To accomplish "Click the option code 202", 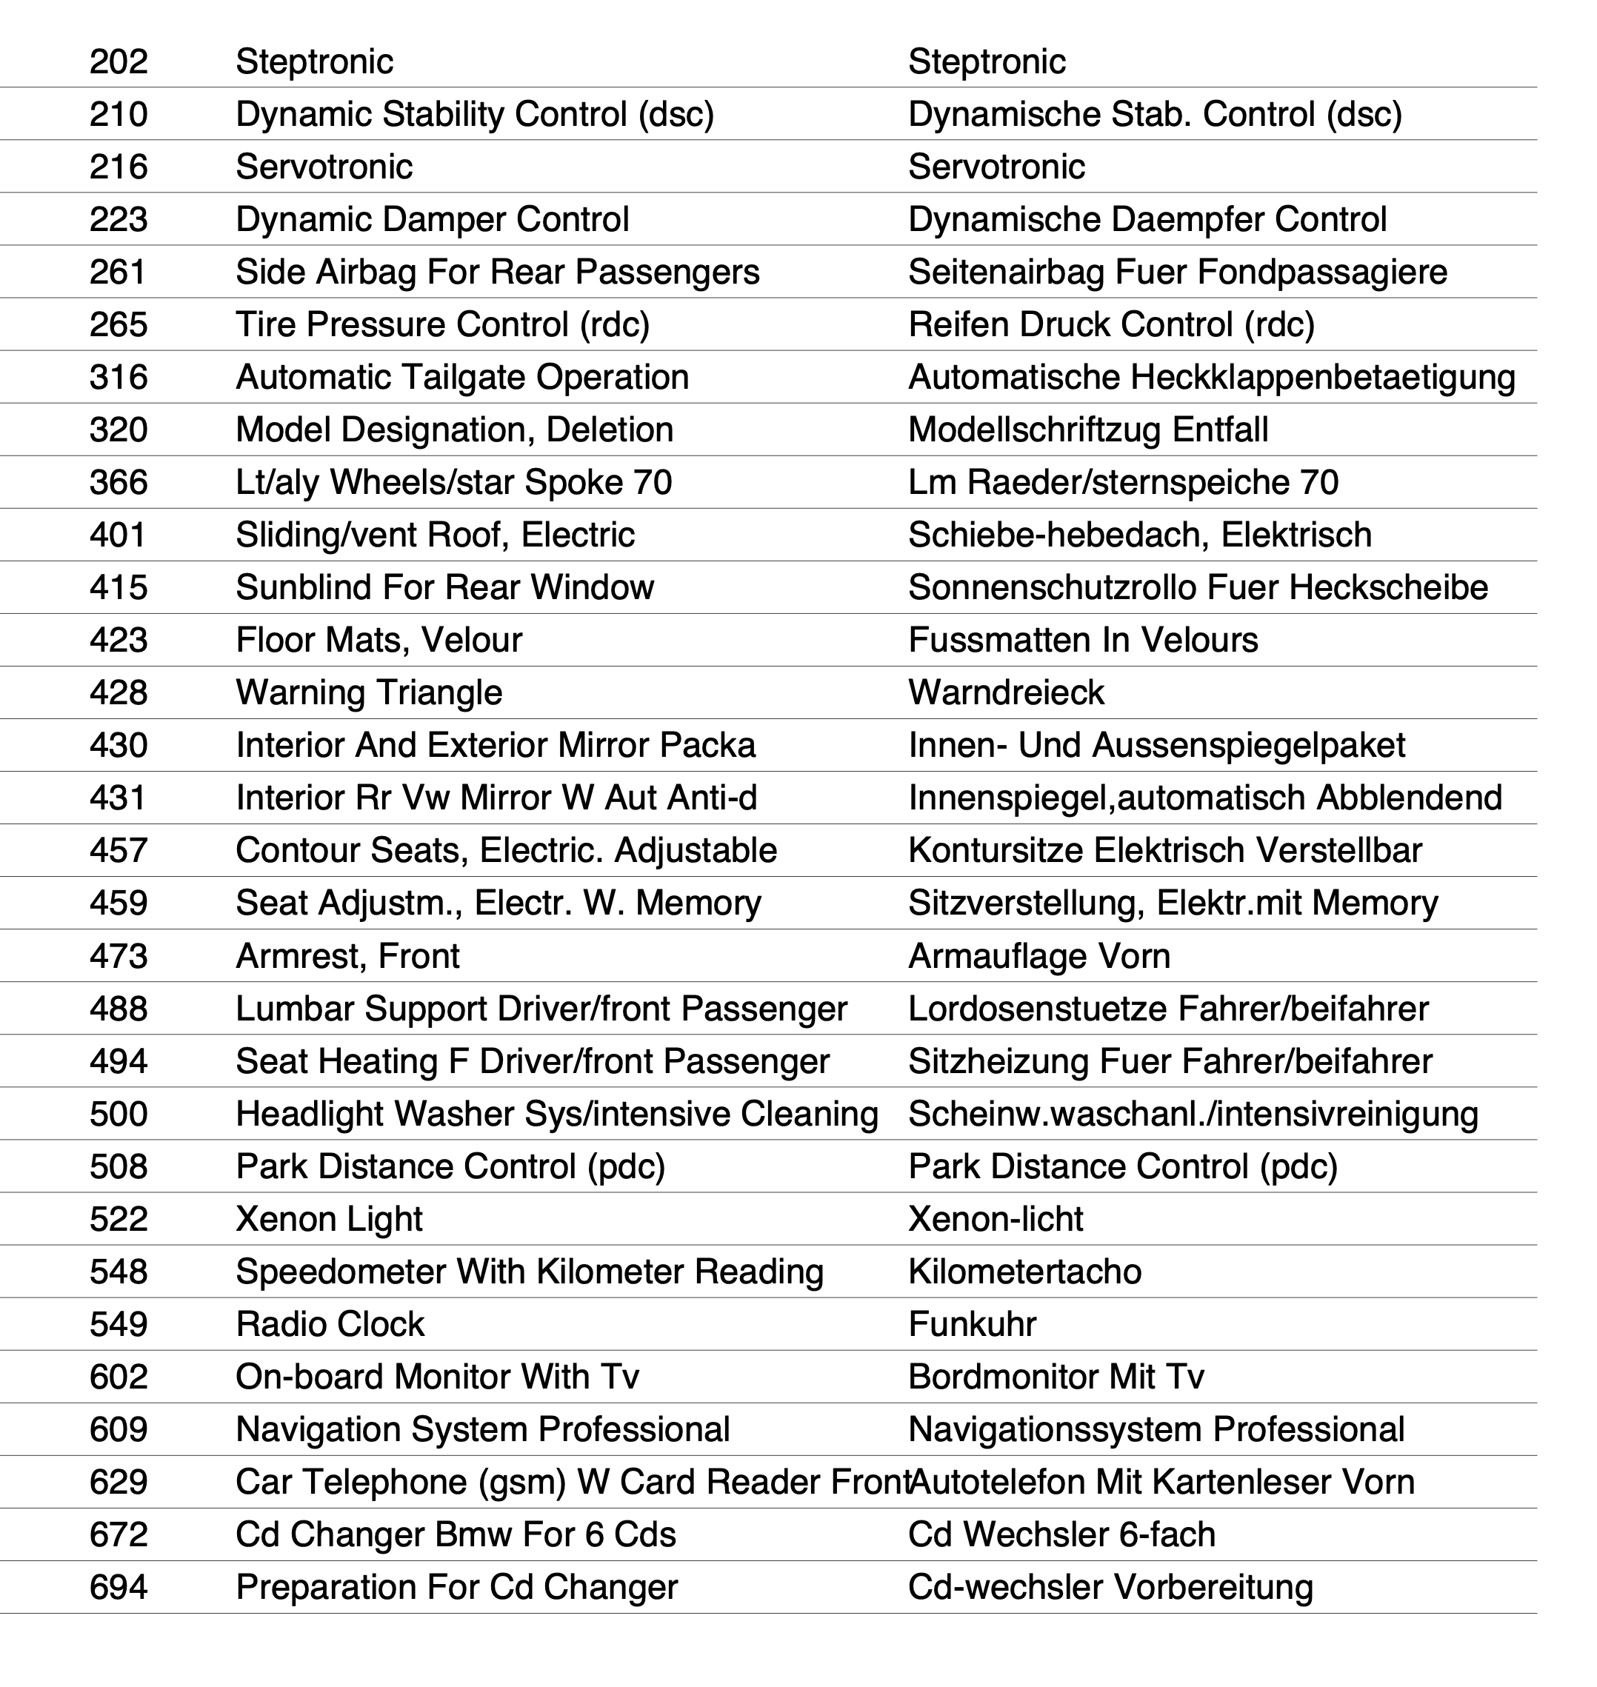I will [x=119, y=61].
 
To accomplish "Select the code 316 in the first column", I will [x=119, y=377].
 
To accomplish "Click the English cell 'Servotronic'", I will [x=324, y=167].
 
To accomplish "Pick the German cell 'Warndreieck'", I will [x=1005, y=693].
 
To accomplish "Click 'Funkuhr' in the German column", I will [x=972, y=1324].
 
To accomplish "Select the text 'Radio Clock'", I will [x=330, y=1324].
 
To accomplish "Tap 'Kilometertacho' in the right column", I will [x=1024, y=1272].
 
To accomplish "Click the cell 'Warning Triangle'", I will [x=369, y=693].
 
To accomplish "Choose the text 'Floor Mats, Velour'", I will [x=378, y=640].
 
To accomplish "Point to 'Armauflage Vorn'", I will [x=1038, y=956].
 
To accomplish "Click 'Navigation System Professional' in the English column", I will [x=483, y=1430].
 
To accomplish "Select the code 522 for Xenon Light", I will [x=119, y=1219].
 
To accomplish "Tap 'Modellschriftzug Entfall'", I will [x=1088, y=430].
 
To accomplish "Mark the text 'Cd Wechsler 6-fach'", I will [x=1061, y=1534].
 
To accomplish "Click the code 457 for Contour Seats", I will [x=119, y=850].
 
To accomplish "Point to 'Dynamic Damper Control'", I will [x=432, y=220].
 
